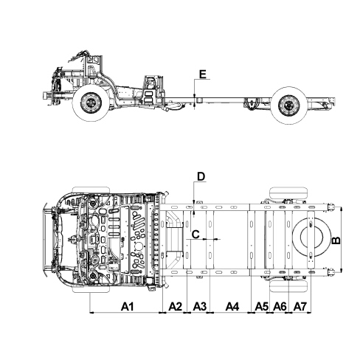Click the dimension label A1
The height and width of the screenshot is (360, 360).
point(127,307)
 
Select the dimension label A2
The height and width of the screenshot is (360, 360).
point(176,307)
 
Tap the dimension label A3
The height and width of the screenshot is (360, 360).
point(199,307)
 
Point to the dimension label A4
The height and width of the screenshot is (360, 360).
point(232,307)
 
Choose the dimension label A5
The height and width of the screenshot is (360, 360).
point(262,307)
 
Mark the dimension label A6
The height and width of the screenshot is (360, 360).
point(280,307)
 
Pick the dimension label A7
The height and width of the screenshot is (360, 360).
point(300,307)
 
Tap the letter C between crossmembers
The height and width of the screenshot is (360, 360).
point(195,235)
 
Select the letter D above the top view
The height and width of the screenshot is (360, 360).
point(201,176)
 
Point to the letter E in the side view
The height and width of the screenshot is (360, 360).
point(203,74)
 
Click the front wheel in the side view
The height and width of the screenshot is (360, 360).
point(91,103)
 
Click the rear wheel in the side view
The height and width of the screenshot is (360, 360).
point(290,105)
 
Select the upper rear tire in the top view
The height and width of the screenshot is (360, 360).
point(288,193)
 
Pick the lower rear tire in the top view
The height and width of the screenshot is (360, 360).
point(288,286)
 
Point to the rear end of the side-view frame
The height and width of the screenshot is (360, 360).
point(333,101)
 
